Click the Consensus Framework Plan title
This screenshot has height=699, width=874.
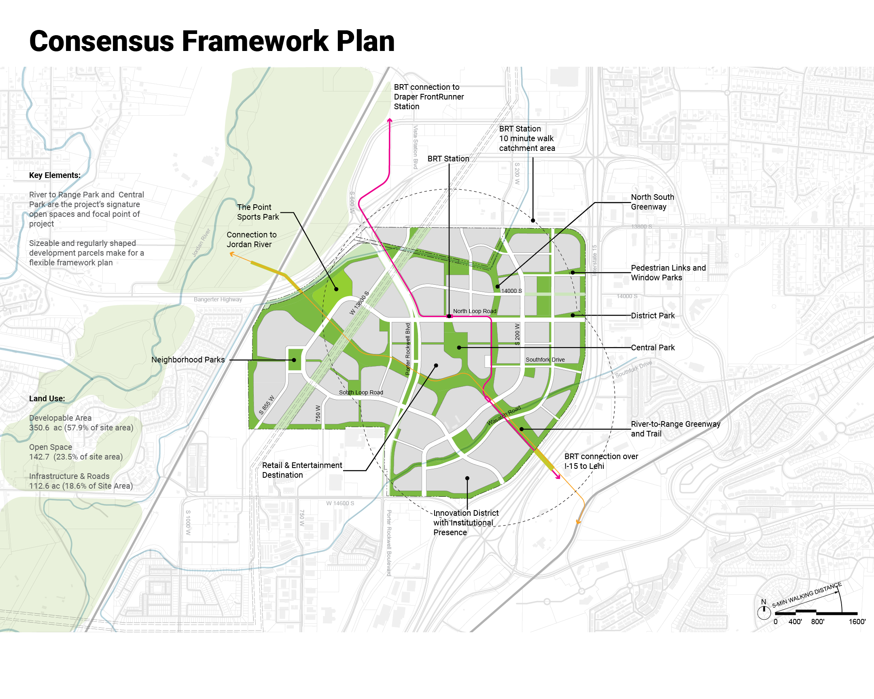(x=212, y=41)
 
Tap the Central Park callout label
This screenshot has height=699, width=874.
(x=652, y=347)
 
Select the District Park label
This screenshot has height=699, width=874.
(x=652, y=316)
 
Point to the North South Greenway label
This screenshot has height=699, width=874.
(x=652, y=202)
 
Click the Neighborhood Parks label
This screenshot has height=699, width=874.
(x=188, y=360)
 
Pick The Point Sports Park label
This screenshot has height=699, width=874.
(x=258, y=212)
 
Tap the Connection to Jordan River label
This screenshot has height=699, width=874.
(x=251, y=239)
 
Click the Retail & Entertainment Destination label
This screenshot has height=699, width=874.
(x=301, y=470)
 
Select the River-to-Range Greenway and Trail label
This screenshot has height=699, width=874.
(x=675, y=429)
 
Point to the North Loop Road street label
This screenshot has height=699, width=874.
(x=474, y=311)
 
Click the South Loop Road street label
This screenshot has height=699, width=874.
(x=361, y=393)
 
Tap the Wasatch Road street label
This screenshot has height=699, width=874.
(x=503, y=416)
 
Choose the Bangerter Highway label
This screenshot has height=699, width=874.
(x=218, y=299)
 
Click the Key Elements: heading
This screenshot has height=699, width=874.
(x=55, y=176)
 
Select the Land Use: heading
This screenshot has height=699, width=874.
(x=47, y=398)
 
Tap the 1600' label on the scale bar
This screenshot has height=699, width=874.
(x=857, y=622)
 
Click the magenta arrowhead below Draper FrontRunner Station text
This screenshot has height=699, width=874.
(x=390, y=121)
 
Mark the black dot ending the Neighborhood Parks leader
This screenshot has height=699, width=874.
(x=294, y=360)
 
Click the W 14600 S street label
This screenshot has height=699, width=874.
(x=340, y=503)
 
